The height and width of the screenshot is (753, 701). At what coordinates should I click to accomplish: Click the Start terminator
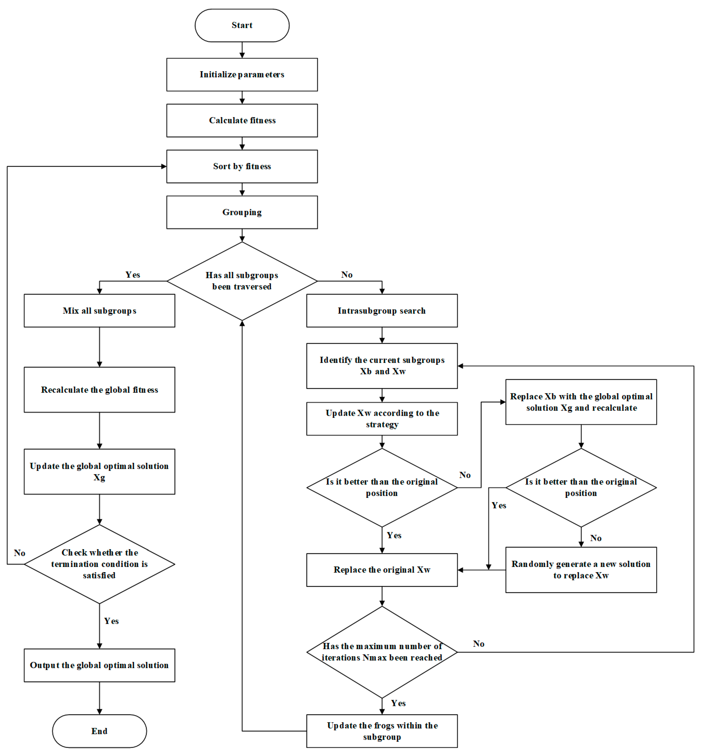coord(242,25)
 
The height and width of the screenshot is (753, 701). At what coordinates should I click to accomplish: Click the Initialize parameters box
coord(242,75)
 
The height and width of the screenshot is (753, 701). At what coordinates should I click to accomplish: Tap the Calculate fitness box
coord(242,120)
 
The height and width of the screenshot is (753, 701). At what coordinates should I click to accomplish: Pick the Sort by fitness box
coord(242,166)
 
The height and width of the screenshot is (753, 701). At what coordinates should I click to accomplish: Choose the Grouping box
coord(242,212)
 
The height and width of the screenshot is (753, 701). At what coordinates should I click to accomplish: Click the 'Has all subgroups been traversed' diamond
coord(242,281)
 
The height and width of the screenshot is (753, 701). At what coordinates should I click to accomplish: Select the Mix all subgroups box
coord(99,311)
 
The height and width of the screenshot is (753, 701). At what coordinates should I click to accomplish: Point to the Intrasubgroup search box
coord(381,311)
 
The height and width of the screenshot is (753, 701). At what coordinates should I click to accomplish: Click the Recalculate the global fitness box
coord(99,389)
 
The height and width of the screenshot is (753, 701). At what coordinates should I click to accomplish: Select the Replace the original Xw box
coord(381,570)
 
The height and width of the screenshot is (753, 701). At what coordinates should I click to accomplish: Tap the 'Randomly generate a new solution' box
coord(580,570)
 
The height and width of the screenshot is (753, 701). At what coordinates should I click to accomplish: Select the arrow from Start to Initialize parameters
coord(242,50)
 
